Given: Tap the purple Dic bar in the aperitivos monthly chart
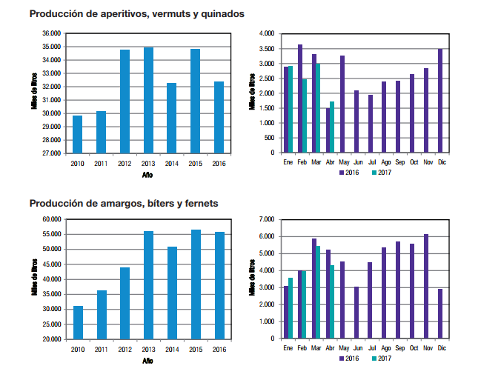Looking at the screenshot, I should pyautogui.click(x=441, y=101).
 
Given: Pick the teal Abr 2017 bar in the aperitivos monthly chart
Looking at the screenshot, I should pyautogui.click(x=332, y=127).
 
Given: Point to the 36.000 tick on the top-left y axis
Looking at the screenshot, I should pyautogui.click(x=51, y=33).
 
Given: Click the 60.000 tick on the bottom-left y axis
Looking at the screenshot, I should pyautogui.click(x=51, y=219).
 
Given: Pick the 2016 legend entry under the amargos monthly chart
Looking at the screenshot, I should pyautogui.click(x=350, y=358).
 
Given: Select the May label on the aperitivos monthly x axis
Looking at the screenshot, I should pyautogui.click(x=343, y=162).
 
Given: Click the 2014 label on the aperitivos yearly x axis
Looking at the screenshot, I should pyautogui.click(x=172, y=162).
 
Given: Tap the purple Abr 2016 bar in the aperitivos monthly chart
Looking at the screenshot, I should pyautogui.click(x=328, y=131).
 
